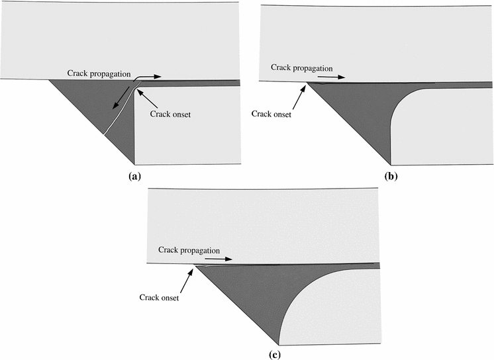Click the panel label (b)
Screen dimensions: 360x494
click(x=391, y=177)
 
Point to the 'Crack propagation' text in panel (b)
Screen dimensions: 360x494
click(x=299, y=67)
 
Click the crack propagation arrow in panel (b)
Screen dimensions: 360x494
click(x=336, y=77)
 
